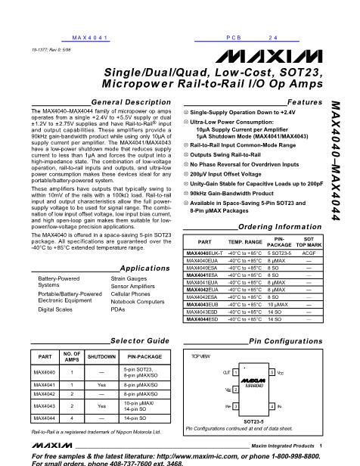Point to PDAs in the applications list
118,309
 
